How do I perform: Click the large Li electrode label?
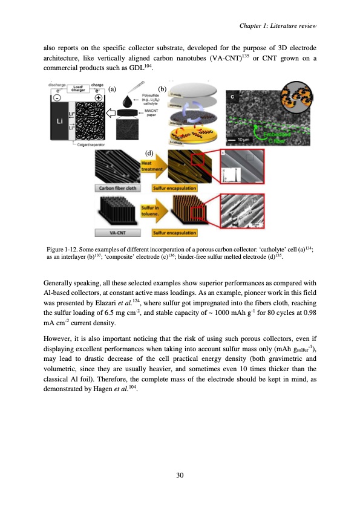pos(59,121)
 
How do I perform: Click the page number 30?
pos(180,476)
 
